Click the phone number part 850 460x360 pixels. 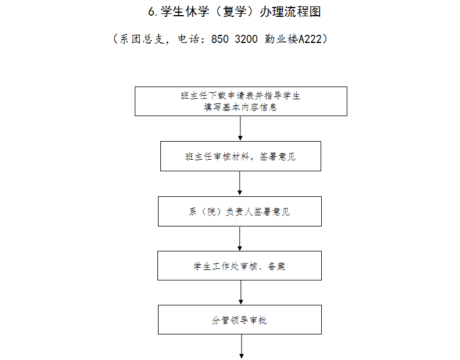tap(220, 39)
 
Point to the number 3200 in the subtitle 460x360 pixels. tap(246, 39)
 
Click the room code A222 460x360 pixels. tap(310, 39)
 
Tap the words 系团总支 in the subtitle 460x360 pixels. tap(142, 39)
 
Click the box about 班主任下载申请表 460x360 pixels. tap(241, 101)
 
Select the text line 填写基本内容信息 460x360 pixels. tap(240, 107)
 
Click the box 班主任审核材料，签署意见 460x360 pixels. tap(240, 156)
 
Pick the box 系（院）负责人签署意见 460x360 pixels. tap(240, 211)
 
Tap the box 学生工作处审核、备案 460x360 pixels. tap(239, 265)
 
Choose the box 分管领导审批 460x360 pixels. tap(240, 319)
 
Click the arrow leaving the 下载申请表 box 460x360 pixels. tap(240, 128)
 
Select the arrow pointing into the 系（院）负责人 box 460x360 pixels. tap(240, 183)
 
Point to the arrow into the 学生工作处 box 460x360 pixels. tap(240, 239)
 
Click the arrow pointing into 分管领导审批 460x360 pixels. tap(241, 293)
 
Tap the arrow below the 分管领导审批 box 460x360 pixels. tap(242, 347)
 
